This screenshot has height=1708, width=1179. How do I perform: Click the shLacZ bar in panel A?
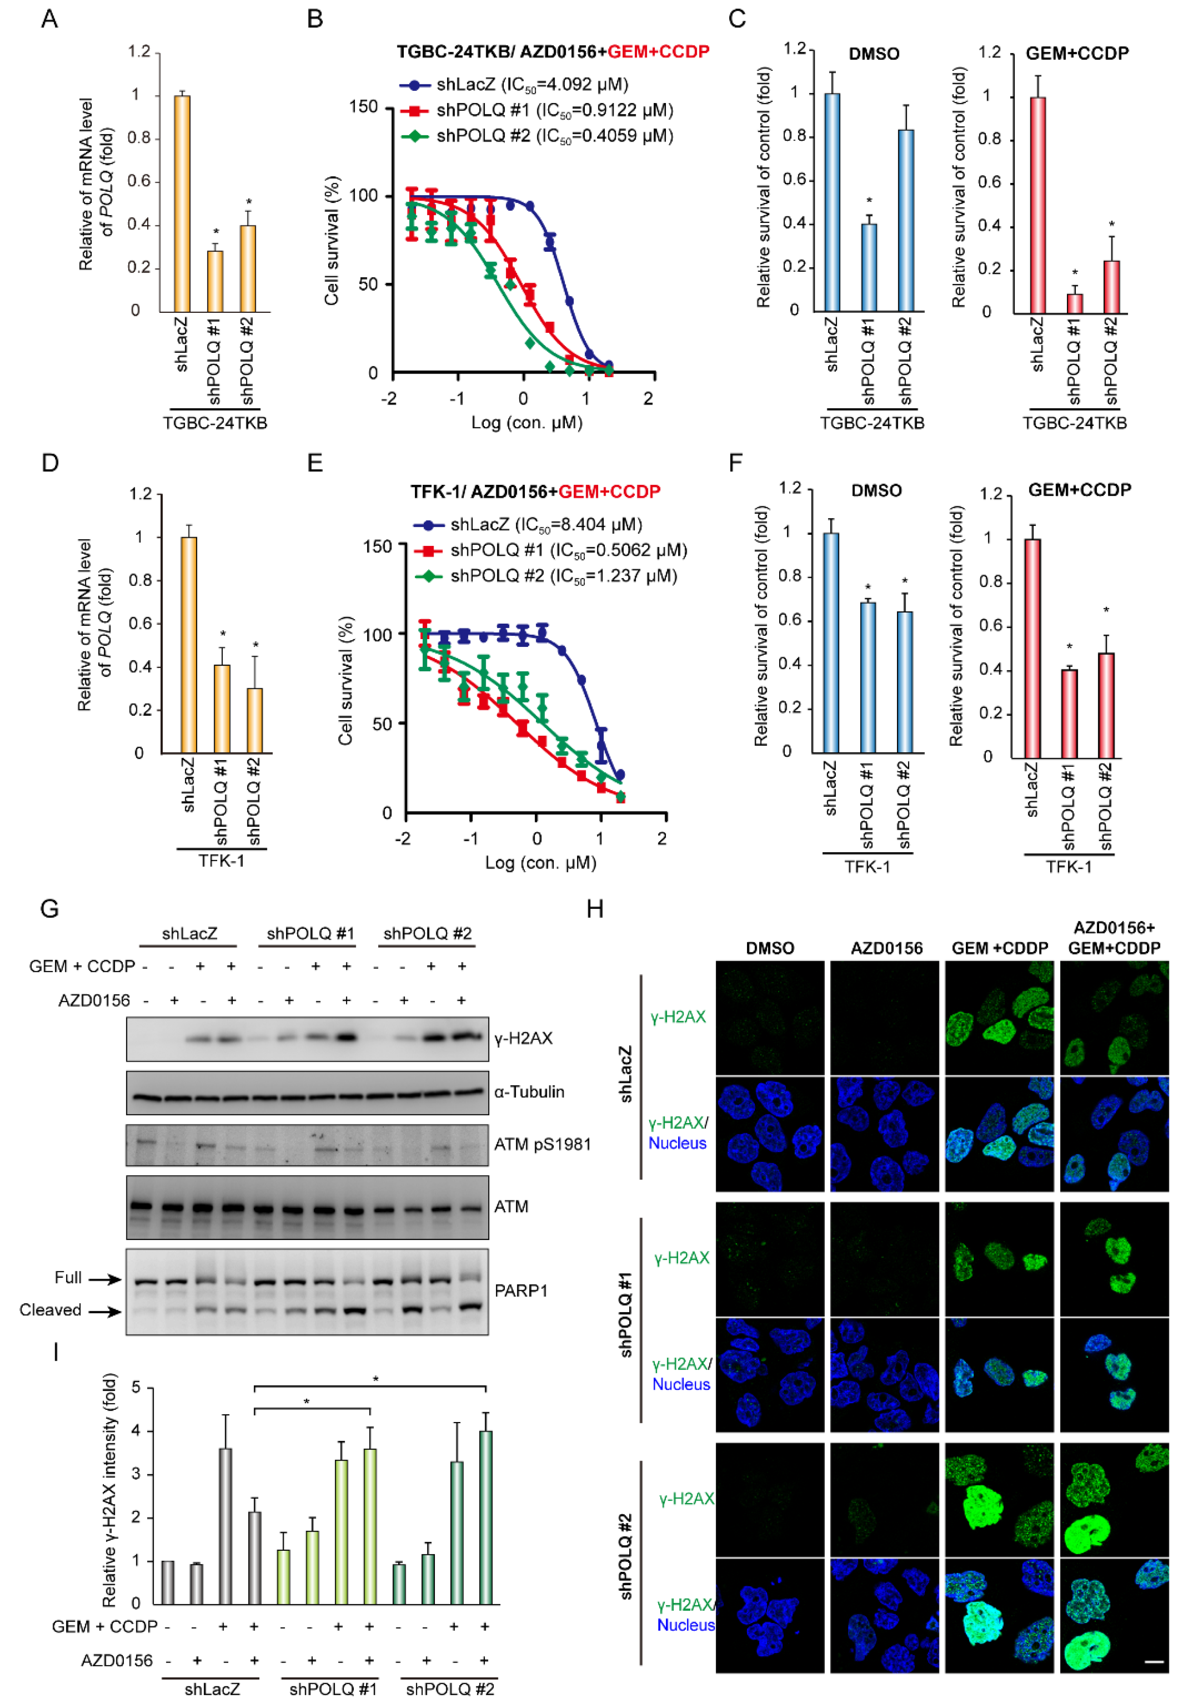182,203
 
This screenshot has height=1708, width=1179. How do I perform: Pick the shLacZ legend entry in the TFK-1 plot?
545,524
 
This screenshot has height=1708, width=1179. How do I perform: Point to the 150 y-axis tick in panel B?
363,107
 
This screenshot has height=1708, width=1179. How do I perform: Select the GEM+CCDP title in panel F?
1079,490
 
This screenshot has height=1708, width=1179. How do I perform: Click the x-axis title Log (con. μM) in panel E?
540,862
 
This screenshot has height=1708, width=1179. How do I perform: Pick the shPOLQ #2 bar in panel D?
254,720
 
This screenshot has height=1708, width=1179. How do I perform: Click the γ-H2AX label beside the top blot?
523,1038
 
